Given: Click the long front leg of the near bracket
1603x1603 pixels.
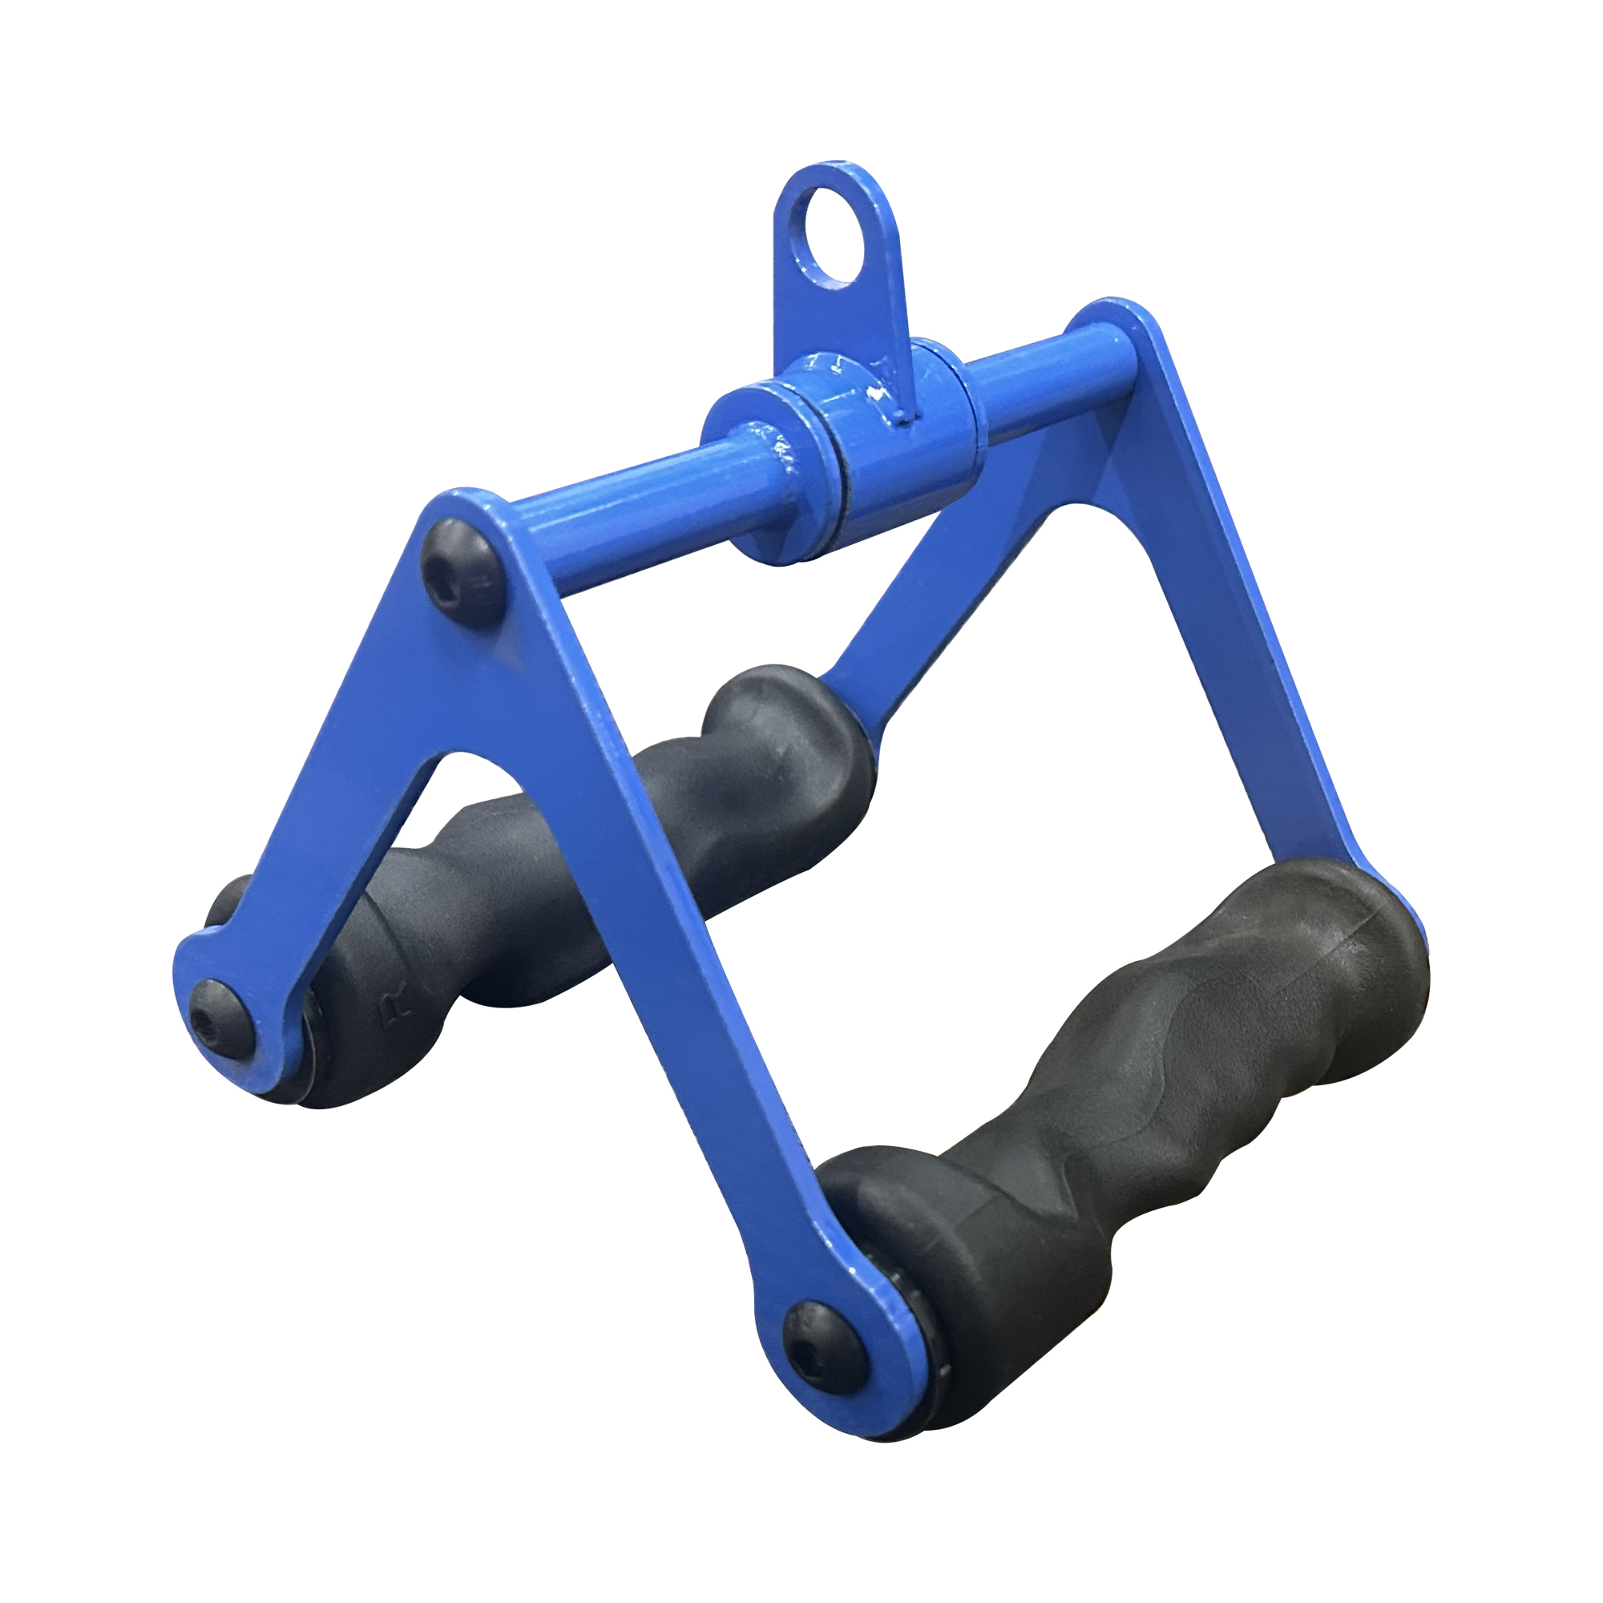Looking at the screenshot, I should click(664, 913).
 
